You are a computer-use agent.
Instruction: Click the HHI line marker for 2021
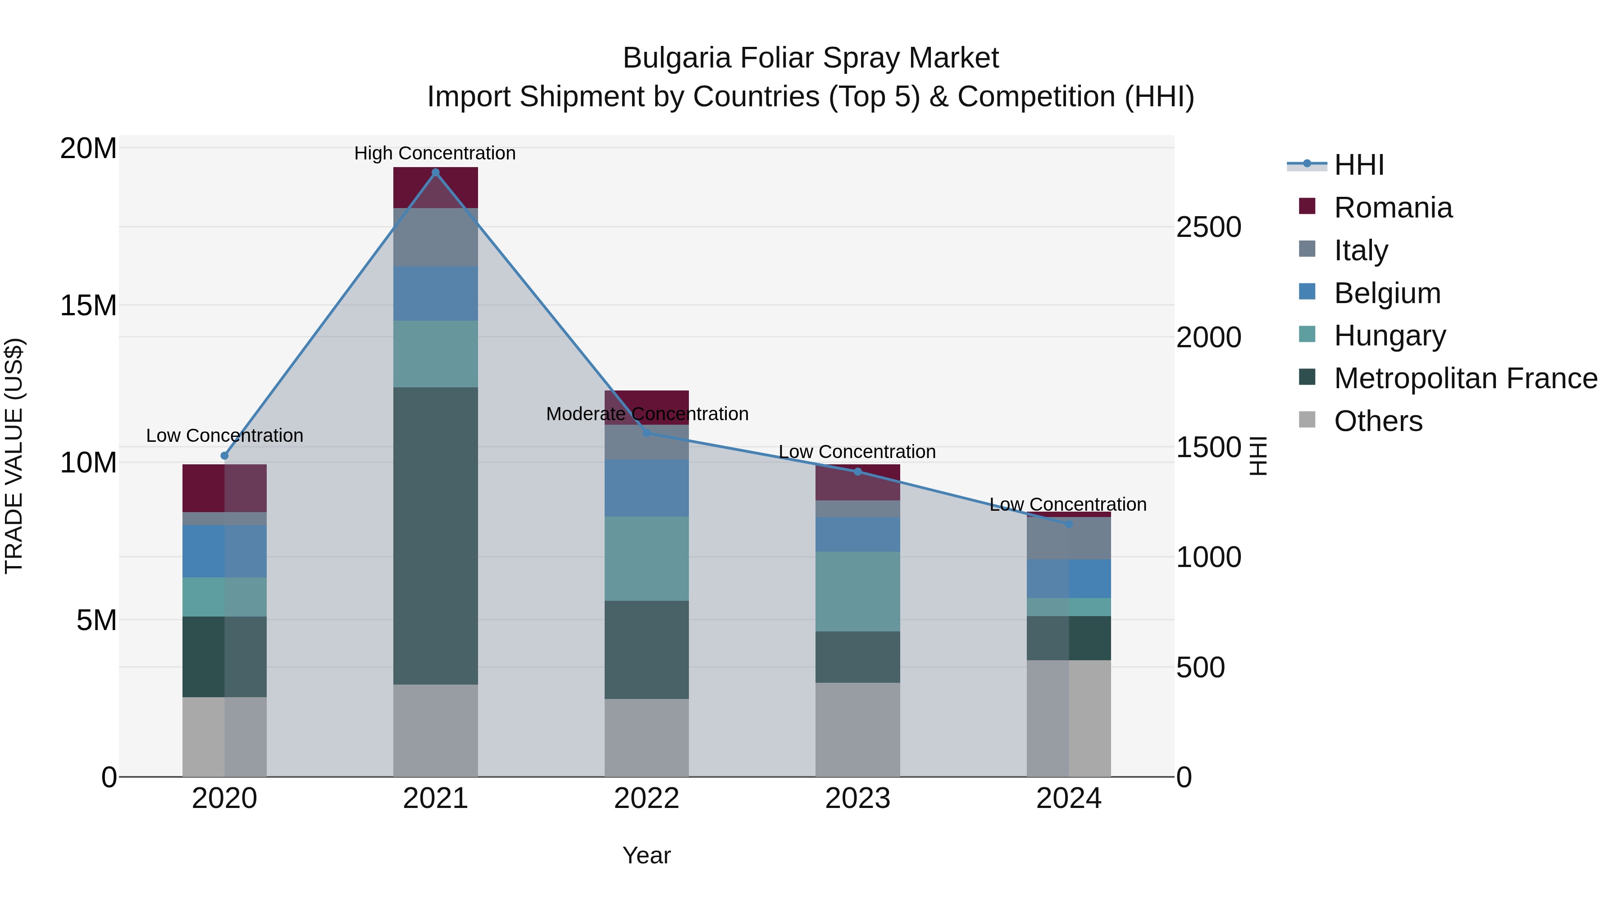435,172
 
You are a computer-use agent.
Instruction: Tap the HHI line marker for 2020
225,456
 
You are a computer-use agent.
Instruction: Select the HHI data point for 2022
646,433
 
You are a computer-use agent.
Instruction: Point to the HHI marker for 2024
1069,524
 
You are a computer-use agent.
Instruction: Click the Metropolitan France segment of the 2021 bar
435,535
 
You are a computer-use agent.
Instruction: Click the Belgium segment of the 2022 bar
646,488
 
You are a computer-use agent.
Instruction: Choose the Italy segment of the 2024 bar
1069,538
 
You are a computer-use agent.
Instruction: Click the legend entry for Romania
1393,208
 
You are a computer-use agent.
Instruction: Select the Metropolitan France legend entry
1465,378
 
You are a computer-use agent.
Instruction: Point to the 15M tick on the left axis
88,305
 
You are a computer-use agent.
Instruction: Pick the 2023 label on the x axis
857,799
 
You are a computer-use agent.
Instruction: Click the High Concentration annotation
435,153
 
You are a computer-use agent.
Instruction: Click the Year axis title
647,855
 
